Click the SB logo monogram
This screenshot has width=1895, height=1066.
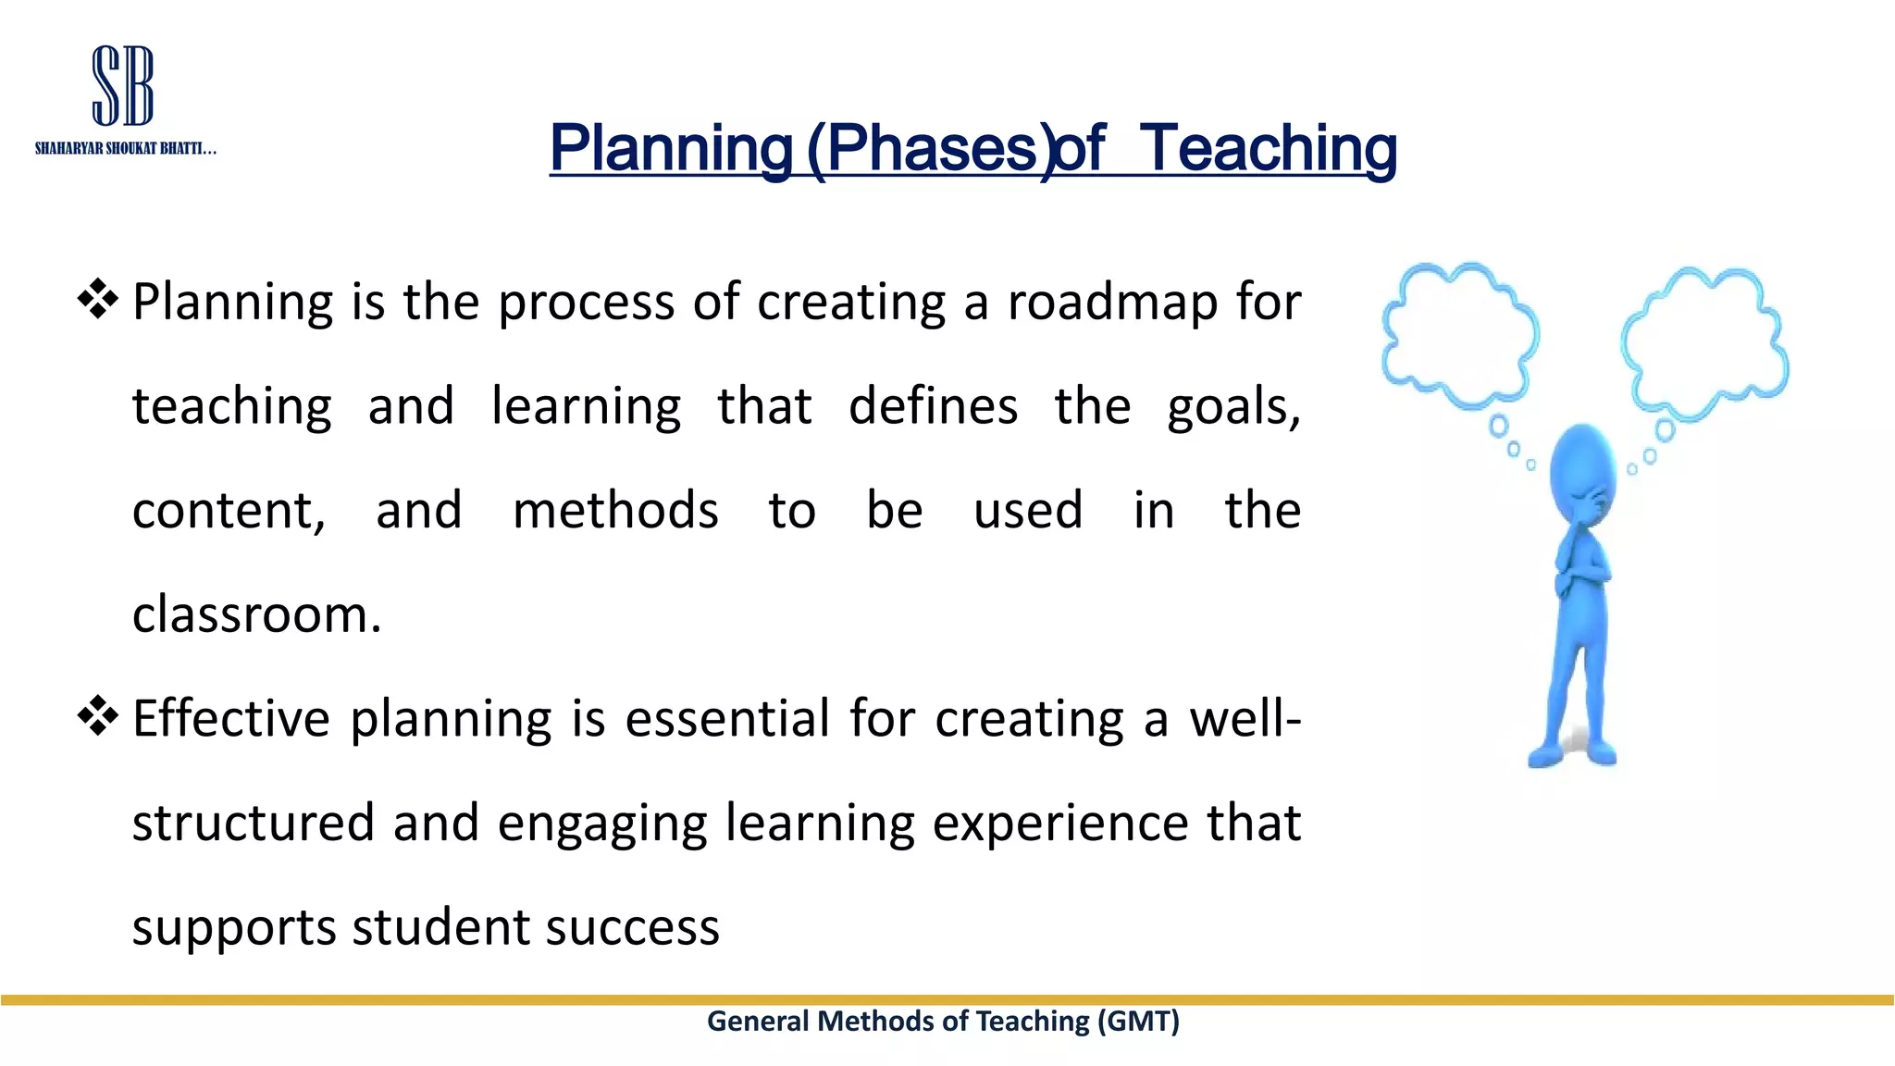coord(123,86)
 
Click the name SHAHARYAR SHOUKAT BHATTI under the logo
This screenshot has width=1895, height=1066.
coord(125,149)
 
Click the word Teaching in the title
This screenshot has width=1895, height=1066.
coord(1267,148)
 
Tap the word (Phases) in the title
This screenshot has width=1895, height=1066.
coord(931,148)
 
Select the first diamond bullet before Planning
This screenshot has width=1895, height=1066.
coord(98,300)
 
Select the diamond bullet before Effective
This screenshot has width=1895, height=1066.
coord(98,716)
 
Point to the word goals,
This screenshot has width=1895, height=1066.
coord(1233,407)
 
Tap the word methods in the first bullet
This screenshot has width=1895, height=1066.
coord(615,511)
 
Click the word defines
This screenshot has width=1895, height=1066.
coord(933,407)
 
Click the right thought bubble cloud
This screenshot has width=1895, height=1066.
coord(1704,341)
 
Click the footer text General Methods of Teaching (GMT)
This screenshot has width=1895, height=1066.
coord(943,1021)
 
